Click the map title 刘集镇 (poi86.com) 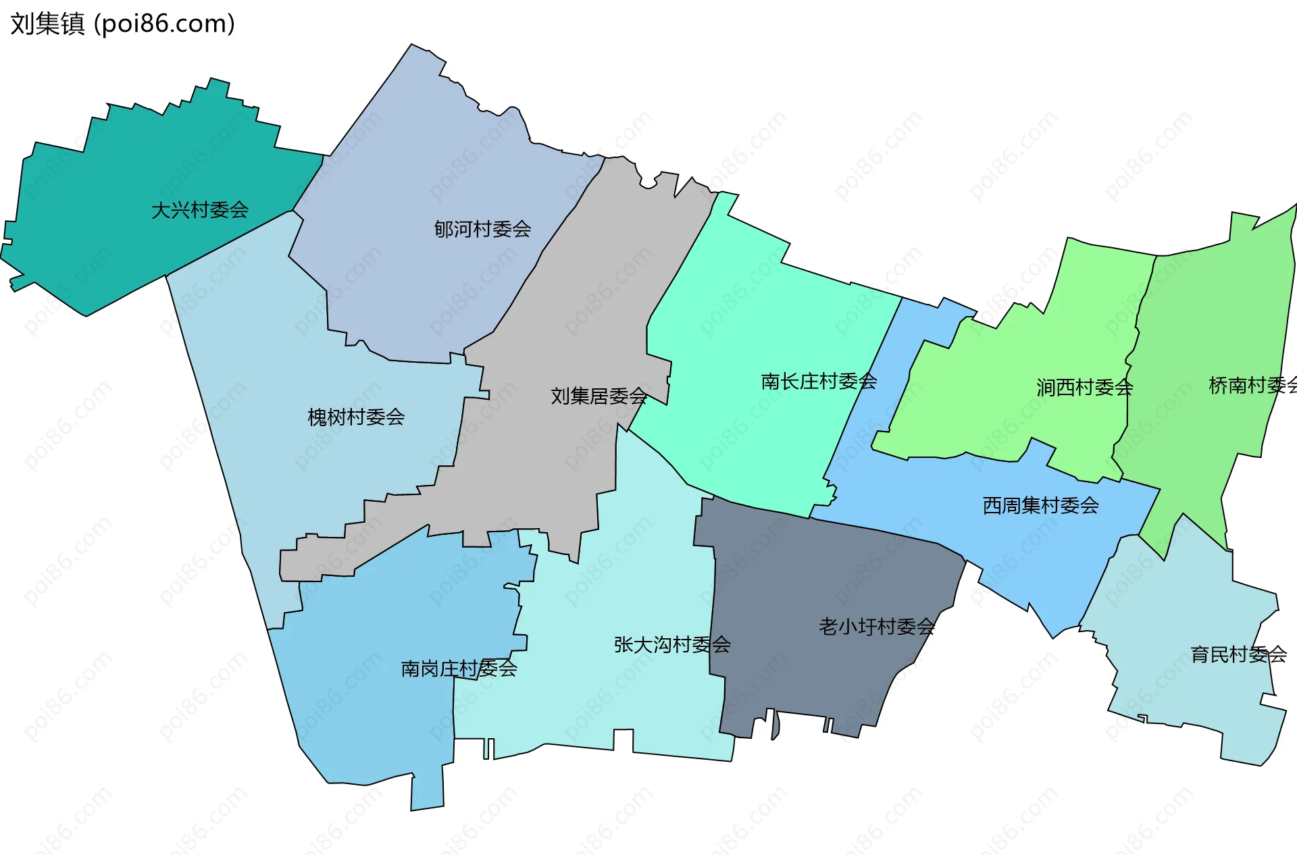pos(122,24)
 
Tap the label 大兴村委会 pos(199,210)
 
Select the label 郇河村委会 pos(482,230)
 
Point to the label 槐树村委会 pos(356,417)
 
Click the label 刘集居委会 pos(599,396)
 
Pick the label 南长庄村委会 pos(819,382)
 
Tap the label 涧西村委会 pos(1084,388)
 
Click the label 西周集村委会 pos(1040,505)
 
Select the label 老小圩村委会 pos(876,627)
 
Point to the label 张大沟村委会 pos(672,645)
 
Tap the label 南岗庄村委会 pos(459,669)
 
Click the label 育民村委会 pos(1238,654)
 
